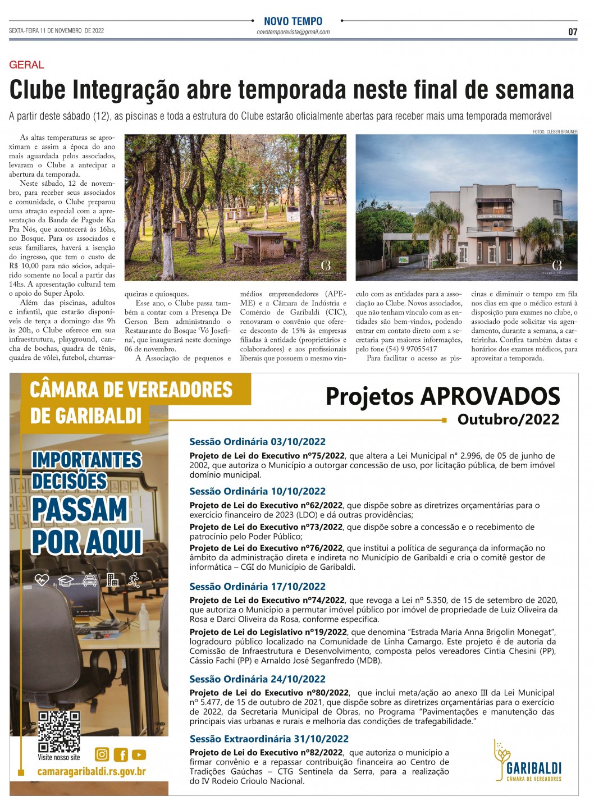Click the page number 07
(572, 31)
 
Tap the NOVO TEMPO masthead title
(293, 21)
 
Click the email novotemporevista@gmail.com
(293, 32)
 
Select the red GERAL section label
(26, 65)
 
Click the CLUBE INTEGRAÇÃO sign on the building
(494, 216)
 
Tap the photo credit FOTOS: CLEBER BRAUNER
(555, 132)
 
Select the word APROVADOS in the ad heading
(490, 396)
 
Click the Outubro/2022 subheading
(508, 419)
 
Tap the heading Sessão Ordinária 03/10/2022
(257, 442)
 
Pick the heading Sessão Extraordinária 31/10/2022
(269, 739)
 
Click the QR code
(59, 731)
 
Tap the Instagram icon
(102, 754)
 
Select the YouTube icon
(139, 755)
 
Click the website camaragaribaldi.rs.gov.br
(92, 771)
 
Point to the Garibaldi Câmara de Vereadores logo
(528, 761)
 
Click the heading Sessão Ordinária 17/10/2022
(257, 587)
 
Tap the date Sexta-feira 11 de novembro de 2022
(56, 31)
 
